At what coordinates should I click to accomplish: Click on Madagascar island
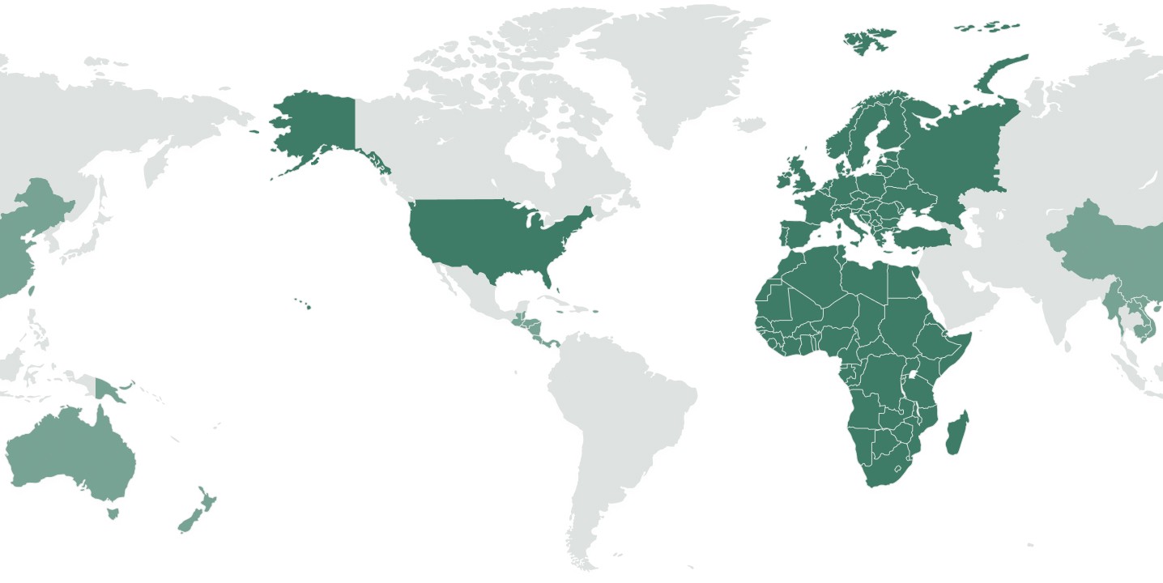(956, 433)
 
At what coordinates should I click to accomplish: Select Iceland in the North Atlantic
(750, 125)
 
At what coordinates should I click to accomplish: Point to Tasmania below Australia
(113, 512)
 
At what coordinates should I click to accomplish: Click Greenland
(680, 73)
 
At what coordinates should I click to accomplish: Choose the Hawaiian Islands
(308, 306)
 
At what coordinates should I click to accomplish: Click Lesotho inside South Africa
(897, 469)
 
